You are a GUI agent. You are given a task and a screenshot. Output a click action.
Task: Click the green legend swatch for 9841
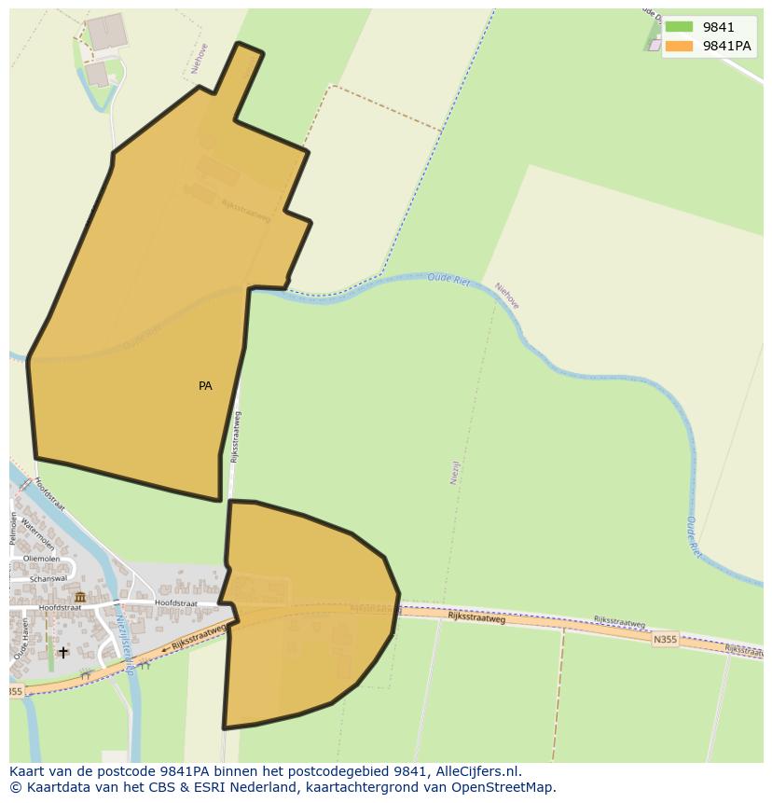click(679, 27)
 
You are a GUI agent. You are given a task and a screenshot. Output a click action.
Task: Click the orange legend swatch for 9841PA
click(679, 46)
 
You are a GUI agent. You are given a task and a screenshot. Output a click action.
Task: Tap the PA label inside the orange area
click(205, 386)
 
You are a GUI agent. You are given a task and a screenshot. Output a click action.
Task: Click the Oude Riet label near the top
click(448, 279)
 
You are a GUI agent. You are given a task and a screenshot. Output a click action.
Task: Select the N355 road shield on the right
click(666, 639)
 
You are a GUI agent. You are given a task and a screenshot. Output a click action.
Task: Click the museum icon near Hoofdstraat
click(80, 597)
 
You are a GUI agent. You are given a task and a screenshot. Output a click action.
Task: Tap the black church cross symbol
click(63, 652)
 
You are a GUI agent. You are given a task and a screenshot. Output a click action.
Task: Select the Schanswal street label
click(48, 578)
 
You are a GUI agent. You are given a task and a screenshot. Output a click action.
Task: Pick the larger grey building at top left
click(105, 32)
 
